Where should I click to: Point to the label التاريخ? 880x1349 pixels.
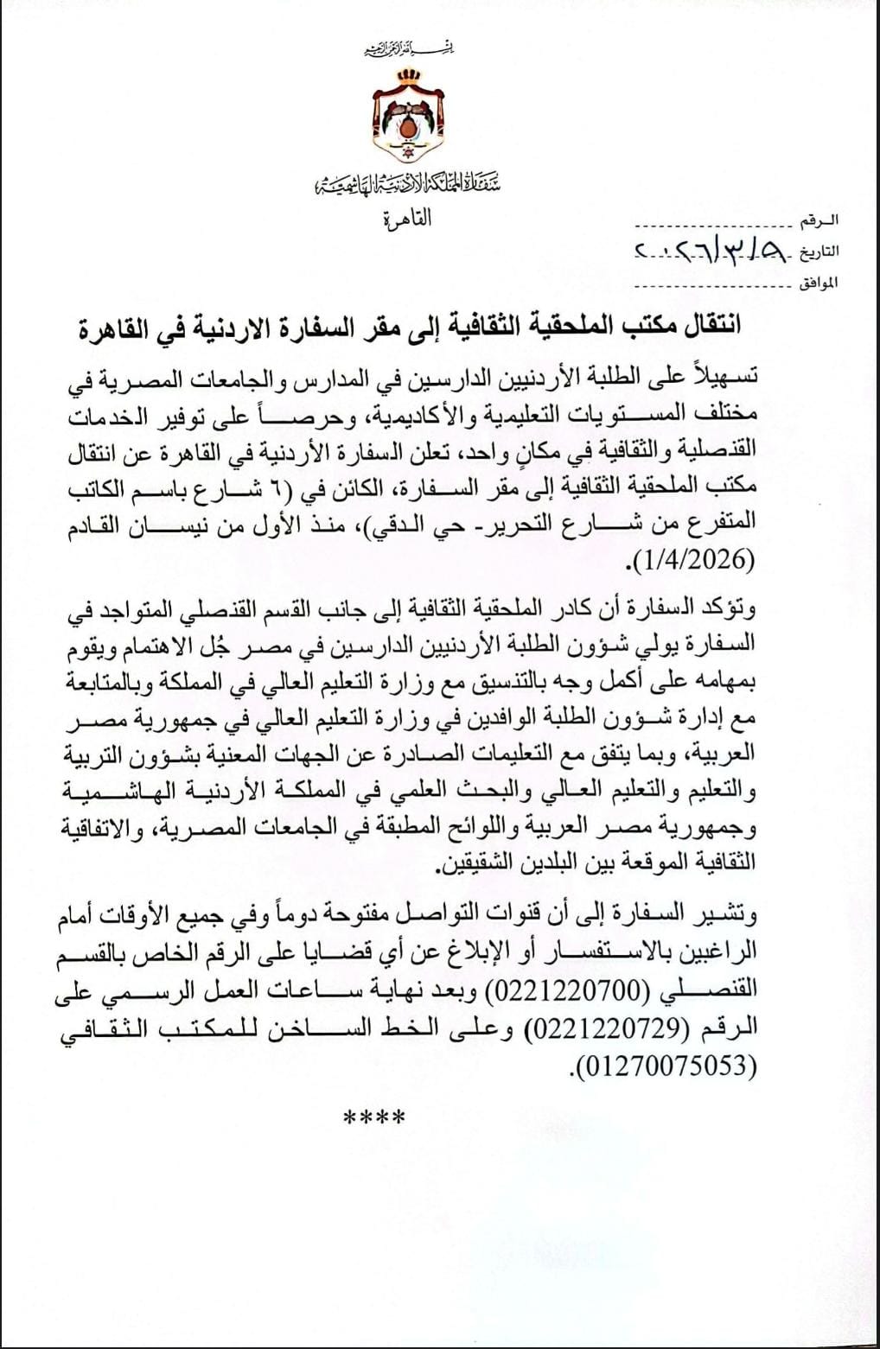(818, 251)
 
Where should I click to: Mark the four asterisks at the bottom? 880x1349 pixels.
(374, 1120)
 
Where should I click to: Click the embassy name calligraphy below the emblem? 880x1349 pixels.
(409, 183)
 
